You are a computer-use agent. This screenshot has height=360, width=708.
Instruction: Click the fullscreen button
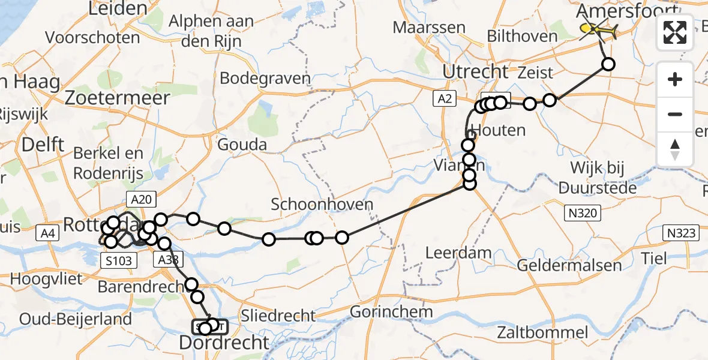(x=675, y=32)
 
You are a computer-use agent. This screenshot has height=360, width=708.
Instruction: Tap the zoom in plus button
(x=675, y=79)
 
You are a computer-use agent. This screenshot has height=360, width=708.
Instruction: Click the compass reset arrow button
(x=675, y=149)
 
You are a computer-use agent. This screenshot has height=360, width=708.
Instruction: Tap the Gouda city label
(x=242, y=145)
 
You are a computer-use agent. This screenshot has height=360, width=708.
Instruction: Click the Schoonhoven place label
(x=322, y=204)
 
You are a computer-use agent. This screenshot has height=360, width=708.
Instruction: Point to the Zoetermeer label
(x=118, y=97)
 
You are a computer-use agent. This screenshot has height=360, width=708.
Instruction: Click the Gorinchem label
(x=391, y=312)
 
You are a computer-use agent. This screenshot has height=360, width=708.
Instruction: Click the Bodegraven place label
(x=265, y=78)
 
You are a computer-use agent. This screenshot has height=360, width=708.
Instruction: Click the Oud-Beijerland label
(x=75, y=319)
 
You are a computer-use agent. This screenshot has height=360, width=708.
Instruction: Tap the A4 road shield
(x=50, y=233)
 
